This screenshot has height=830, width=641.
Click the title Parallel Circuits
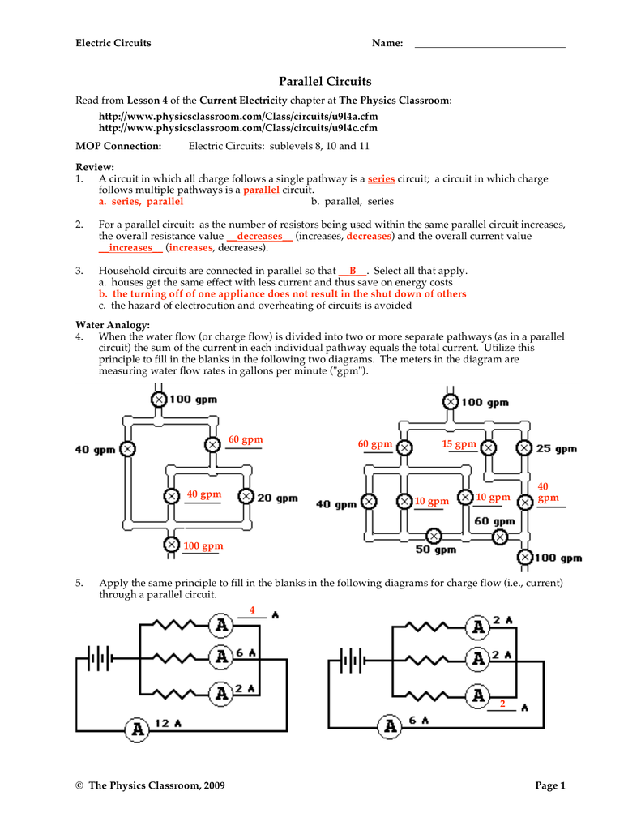[x=325, y=81]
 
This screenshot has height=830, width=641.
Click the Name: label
[x=387, y=43]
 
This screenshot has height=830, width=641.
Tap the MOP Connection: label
[x=118, y=146]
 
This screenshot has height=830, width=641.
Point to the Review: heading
[x=95, y=166]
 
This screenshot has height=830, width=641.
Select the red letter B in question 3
[x=353, y=271]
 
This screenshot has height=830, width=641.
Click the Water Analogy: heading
[x=113, y=324]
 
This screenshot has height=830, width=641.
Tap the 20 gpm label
[x=277, y=498]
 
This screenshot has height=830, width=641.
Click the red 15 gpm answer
[x=459, y=444]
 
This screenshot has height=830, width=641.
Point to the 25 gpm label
[x=557, y=448]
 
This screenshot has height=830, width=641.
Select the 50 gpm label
[x=436, y=550]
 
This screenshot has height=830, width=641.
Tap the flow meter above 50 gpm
[x=434, y=535]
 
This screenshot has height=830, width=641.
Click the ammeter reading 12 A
[x=138, y=729]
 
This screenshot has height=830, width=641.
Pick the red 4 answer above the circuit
[x=252, y=610]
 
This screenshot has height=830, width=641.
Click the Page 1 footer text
[x=550, y=785]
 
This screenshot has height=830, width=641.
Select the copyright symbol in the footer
[x=79, y=785]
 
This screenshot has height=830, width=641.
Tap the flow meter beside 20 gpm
[x=245, y=497]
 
